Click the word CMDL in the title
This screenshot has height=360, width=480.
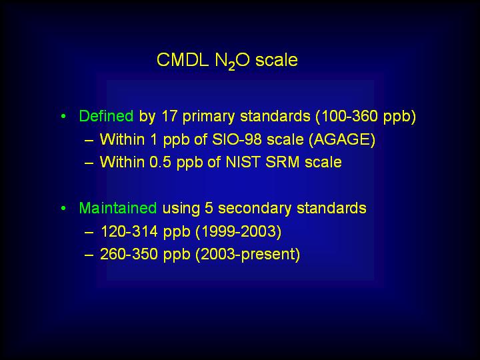183,60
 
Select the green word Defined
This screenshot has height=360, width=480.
106,116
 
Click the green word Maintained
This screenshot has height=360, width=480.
118,208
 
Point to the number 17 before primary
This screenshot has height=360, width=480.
169,116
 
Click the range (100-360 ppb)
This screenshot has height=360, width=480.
365,117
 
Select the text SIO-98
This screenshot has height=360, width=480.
237,139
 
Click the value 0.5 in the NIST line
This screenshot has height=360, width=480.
161,162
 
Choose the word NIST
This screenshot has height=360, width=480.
243,162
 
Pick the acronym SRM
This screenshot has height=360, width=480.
282,162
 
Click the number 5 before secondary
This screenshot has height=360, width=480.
209,208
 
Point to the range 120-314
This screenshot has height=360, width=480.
129,231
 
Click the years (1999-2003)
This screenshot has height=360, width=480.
238,232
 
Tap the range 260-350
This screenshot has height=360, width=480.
129,254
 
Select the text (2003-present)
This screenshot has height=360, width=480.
247,255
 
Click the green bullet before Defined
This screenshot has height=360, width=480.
63,116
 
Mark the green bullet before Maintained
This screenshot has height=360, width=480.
63,208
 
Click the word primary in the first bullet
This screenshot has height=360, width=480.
209,117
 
